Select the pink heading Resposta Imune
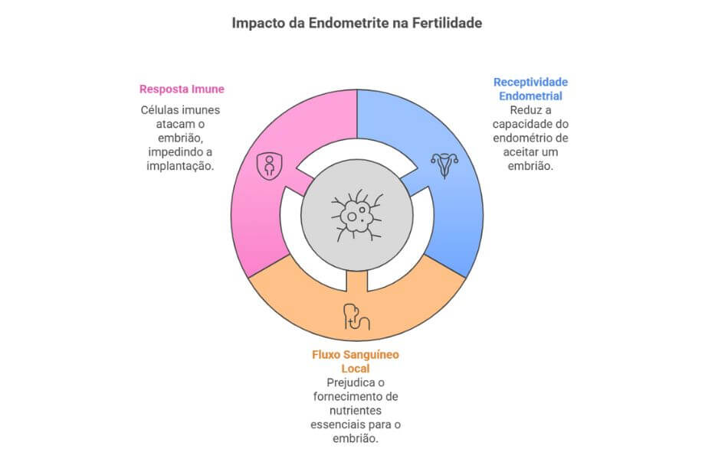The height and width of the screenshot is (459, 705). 182,89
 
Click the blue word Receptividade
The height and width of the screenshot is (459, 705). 530,83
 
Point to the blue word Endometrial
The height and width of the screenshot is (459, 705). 530,96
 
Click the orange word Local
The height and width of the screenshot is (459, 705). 356,369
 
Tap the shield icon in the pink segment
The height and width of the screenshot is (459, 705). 269,165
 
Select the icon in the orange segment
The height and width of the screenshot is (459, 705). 357,317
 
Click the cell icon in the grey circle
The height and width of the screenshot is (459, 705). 357,216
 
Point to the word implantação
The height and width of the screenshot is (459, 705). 180,166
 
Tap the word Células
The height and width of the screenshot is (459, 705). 159,110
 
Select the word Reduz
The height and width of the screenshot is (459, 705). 525,110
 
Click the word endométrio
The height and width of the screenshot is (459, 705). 519,138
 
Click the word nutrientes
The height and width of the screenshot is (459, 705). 356,411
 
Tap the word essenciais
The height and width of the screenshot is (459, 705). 338,425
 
